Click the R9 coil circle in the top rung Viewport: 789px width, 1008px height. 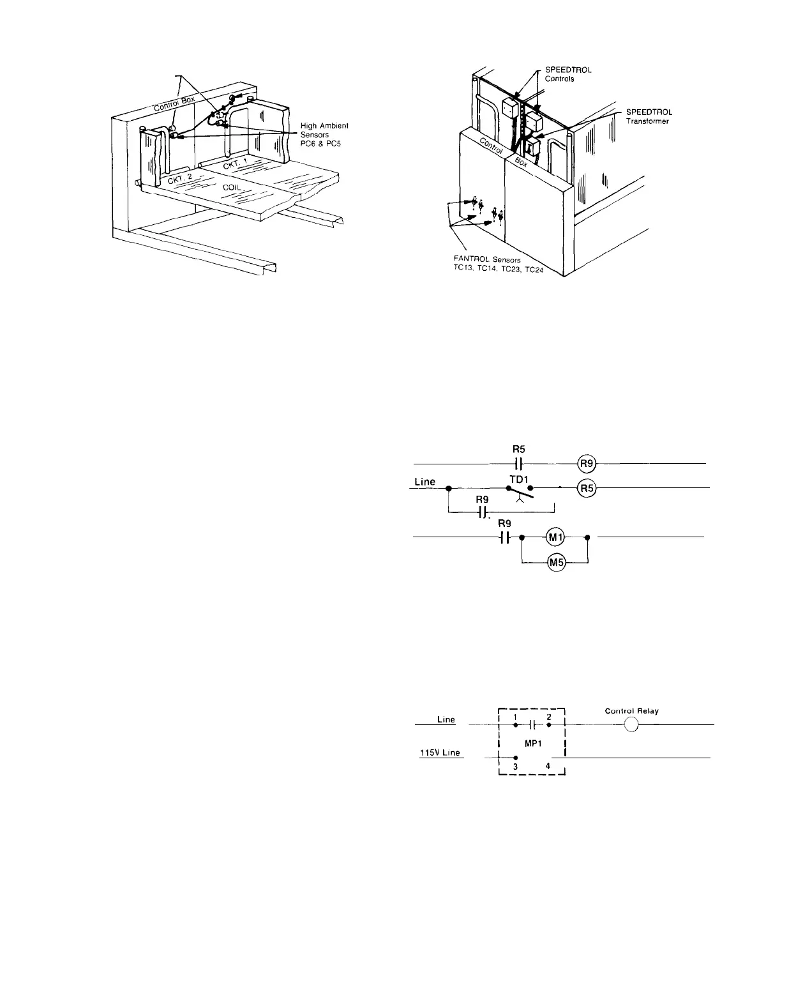[586, 463]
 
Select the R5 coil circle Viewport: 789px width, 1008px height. [586, 489]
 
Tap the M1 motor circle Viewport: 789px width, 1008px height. [553, 538]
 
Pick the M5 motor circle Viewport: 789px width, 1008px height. [553, 563]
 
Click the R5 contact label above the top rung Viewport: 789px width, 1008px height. [518, 449]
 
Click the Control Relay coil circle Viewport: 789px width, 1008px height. [631, 725]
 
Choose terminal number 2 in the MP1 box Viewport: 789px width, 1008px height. [549, 717]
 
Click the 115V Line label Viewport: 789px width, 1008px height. [439, 753]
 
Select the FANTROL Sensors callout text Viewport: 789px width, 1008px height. [492, 264]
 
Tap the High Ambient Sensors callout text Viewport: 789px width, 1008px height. [324, 134]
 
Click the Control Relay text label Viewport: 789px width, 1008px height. [631, 711]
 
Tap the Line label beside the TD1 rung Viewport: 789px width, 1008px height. [425, 482]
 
